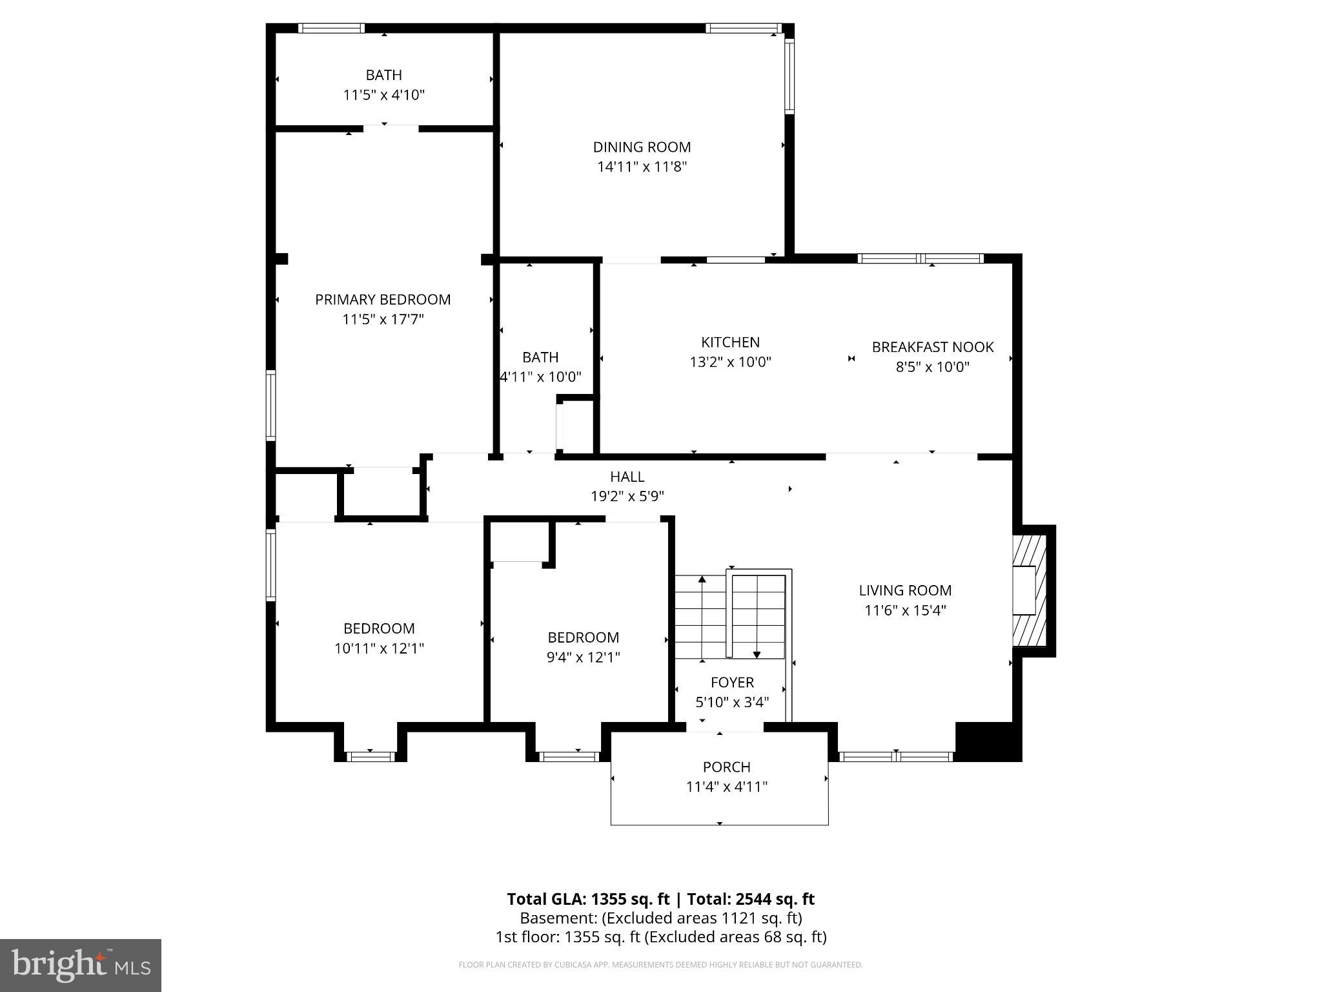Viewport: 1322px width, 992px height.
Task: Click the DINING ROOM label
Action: coord(642,147)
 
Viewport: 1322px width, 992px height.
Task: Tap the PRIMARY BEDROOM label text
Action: coord(383,300)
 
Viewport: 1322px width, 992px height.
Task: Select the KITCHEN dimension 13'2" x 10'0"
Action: coord(730,362)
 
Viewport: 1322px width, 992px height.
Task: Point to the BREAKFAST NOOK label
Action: coord(932,347)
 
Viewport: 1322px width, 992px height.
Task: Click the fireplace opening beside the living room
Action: coord(1024,590)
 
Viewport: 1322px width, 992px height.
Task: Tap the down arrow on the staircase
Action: coord(757,654)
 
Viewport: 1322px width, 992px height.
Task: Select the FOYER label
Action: coord(732,683)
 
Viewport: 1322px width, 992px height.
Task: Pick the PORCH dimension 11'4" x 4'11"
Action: coord(726,787)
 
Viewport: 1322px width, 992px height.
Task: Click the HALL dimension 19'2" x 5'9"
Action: coord(627,497)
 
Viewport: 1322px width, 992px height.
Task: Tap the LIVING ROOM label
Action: coord(905,590)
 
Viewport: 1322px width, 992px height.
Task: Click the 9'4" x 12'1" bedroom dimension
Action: coord(584,657)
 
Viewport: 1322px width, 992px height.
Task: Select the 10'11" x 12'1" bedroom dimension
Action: coord(379,648)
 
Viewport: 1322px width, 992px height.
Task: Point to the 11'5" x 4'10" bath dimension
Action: coord(383,96)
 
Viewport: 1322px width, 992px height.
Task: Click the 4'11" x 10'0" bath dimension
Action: coord(541,377)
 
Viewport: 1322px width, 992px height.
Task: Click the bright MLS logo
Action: coord(81,965)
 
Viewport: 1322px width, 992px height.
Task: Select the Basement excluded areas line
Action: coord(660,918)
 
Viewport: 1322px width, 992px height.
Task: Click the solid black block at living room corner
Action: coord(987,741)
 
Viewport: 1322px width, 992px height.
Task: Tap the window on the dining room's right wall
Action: coord(789,76)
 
